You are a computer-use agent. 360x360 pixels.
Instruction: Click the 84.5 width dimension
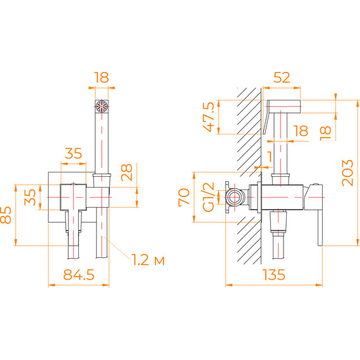(x=78, y=275)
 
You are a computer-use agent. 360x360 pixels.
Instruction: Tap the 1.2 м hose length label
(x=149, y=260)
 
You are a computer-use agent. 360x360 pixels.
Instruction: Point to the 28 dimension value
(x=127, y=171)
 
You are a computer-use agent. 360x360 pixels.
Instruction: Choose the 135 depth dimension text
(x=273, y=275)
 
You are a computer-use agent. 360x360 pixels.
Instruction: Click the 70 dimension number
(x=184, y=196)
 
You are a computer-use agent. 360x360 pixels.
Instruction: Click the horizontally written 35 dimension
(x=73, y=153)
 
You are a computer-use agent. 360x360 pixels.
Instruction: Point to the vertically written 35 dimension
(x=30, y=196)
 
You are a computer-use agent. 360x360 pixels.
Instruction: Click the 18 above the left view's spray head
(x=102, y=78)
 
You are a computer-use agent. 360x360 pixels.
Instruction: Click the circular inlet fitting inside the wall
(x=236, y=196)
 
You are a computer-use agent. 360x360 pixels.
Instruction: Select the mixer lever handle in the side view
(x=318, y=215)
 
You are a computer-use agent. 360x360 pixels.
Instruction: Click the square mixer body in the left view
(x=74, y=196)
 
